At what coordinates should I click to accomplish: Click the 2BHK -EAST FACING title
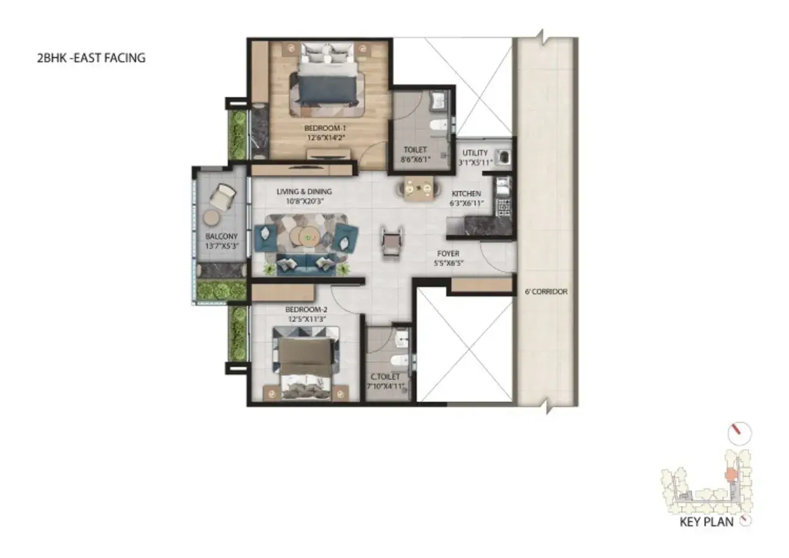[91, 58]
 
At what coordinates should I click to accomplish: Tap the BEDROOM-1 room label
[325, 128]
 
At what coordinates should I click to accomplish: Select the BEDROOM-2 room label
[306, 309]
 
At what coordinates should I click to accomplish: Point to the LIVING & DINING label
[304, 192]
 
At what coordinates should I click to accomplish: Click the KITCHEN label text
[466, 193]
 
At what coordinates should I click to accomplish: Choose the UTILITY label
[475, 153]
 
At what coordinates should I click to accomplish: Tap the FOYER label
[448, 254]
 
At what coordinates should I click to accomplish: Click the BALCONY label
[221, 236]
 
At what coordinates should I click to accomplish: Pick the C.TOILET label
[385, 376]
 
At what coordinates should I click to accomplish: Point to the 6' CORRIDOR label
[546, 291]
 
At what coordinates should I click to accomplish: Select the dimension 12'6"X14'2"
[325, 138]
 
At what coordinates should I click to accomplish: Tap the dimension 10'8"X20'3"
[305, 201]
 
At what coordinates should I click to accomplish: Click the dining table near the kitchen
[418, 188]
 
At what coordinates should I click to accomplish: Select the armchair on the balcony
[223, 195]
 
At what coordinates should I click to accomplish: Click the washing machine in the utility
[503, 157]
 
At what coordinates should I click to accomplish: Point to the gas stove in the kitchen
[503, 208]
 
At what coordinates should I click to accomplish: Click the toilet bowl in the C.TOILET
[399, 360]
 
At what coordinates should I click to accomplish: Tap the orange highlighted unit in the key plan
[729, 475]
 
